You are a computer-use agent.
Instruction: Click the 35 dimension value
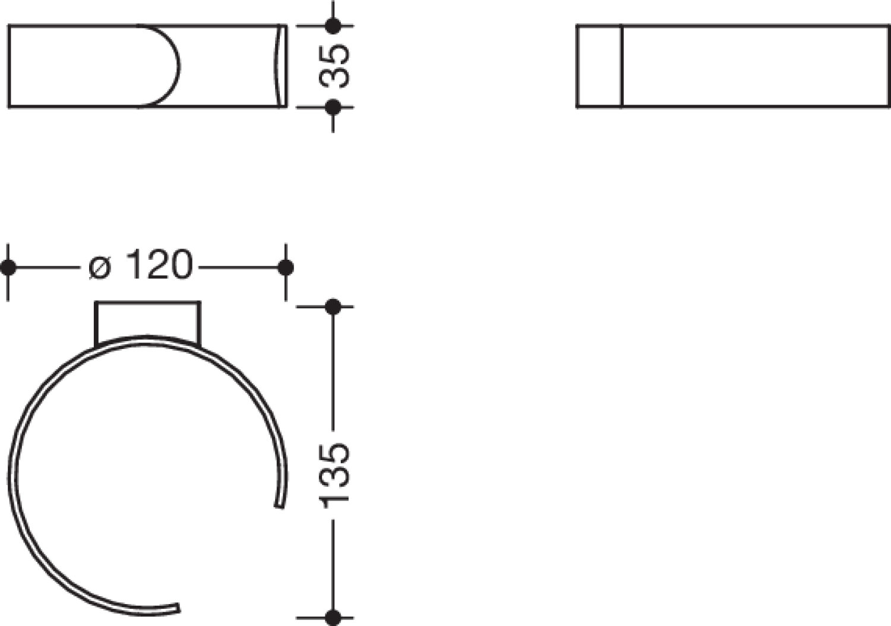click(334, 66)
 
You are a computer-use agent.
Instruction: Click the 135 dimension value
click(334, 475)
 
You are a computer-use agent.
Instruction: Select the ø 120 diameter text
click(141, 265)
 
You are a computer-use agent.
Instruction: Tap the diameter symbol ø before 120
click(99, 267)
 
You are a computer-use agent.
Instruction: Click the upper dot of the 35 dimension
click(333, 26)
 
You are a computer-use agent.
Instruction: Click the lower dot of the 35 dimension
click(333, 107)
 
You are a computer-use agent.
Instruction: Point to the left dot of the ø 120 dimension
click(8, 268)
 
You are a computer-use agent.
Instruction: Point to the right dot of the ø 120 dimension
click(286, 268)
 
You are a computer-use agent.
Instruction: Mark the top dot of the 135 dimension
click(333, 307)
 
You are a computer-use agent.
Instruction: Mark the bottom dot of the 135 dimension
click(333, 618)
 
